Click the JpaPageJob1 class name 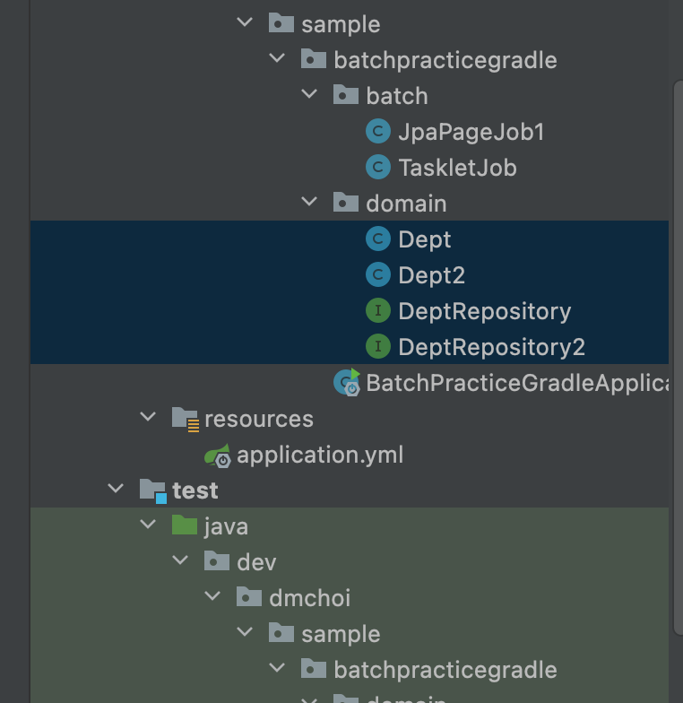click(471, 132)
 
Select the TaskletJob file click(457, 168)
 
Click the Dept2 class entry click(431, 275)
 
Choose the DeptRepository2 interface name click(491, 347)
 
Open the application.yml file click(320, 455)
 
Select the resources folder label click(259, 419)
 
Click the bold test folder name click(195, 490)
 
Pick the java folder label click(226, 526)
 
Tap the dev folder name click(256, 562)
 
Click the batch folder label click(396, 96)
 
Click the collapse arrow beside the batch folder click(310, 95)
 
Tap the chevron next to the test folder click(116, 490)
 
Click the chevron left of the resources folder click(148, 418)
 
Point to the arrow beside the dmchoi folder click(213, 597)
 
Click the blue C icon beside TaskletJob click(378, 168)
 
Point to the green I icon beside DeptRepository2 click(378, 347)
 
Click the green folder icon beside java click(184, 525)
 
